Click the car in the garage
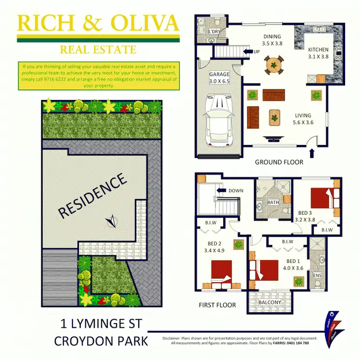pyautogui.click(x=219, y=120)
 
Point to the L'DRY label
pyautogui.click(x=215, y=32)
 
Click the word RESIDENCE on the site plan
pyautogui.click(x=93, y=196)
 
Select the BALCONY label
pyautogui.click(x=269, y=302)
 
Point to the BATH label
pyautogui.click(x=273, y=203)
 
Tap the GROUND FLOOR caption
pyautogui.click(x=279, y=162)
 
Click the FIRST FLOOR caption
pyautogui.click(x=217, y=305)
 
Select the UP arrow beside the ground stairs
pyautogui.click(x=248, y=51)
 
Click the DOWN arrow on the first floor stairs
pyautogui.click(x=221, y=191)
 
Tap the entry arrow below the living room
pyautogui.click(x=312, y=154)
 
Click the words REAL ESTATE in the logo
pyautogui.click(x=98, y=49)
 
